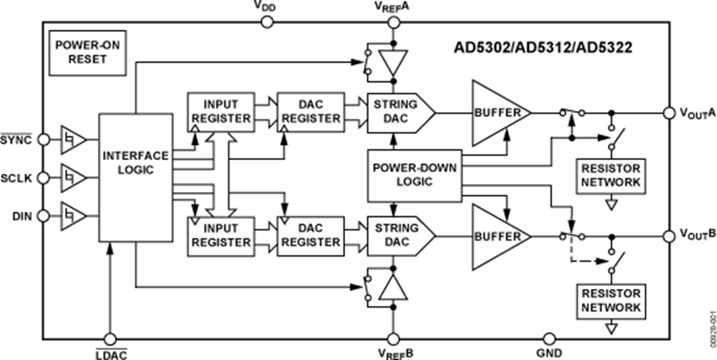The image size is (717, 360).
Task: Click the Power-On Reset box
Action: [78, 52]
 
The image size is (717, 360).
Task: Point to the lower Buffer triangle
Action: [498, 237]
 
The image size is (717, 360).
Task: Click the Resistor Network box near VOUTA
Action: [611, 176]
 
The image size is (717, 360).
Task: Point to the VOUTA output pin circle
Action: [668, 113]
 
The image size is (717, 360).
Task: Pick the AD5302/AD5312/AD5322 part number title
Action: [549, 47]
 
